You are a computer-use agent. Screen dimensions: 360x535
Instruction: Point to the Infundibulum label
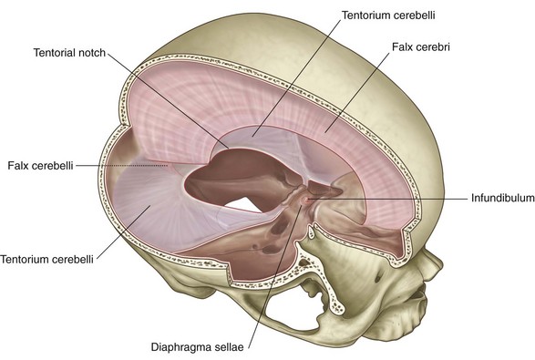pyautogui.click(x=501, y=197)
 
